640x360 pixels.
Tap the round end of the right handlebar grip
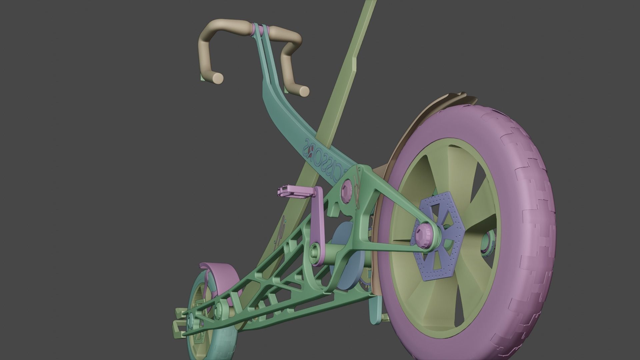pyautogui.click(x=303, y=91)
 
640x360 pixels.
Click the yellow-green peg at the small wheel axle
pyautogui.click(x=178, y=323)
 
